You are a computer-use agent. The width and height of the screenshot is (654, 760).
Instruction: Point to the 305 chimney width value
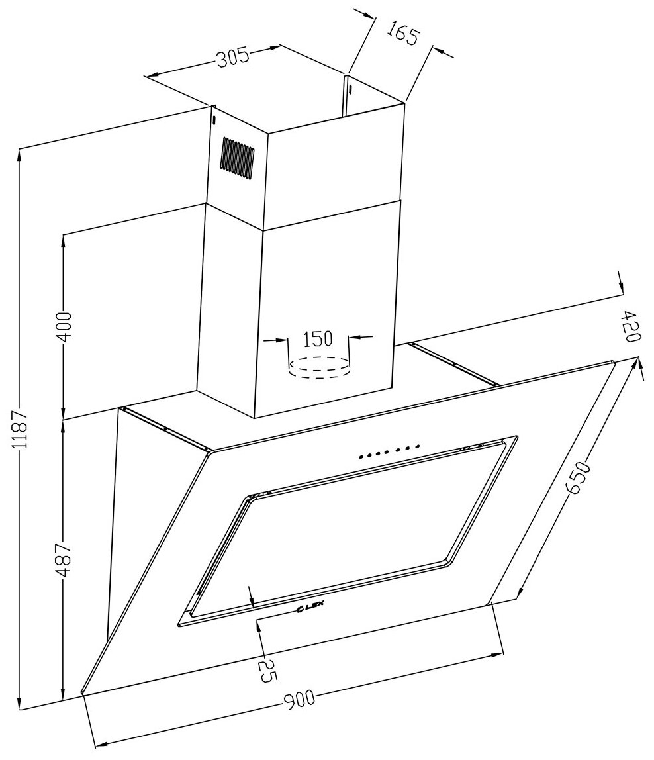point(233,58)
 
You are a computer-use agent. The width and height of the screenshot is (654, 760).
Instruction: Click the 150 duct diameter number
point(317,339)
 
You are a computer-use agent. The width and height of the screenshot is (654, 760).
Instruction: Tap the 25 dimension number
point(267,669)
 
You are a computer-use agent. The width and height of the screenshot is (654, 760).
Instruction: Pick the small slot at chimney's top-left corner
point(214,120)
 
